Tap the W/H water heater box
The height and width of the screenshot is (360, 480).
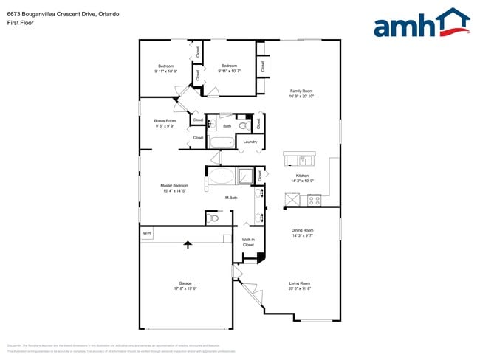(146, 233)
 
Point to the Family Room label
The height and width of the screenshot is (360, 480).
(301, 91)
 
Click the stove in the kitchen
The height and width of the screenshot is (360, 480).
(314, 198)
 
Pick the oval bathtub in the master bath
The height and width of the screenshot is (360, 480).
(220, 176)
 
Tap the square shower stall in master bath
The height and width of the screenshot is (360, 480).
(245, 176)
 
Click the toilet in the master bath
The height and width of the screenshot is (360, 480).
(213, 218)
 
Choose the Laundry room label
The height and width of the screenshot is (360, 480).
(250, 142)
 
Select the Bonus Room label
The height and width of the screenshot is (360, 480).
(165, 120)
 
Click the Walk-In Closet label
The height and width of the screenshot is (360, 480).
(248, 242)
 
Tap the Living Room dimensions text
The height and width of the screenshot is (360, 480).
(300, 288)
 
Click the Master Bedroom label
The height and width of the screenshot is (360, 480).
(175, 185)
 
